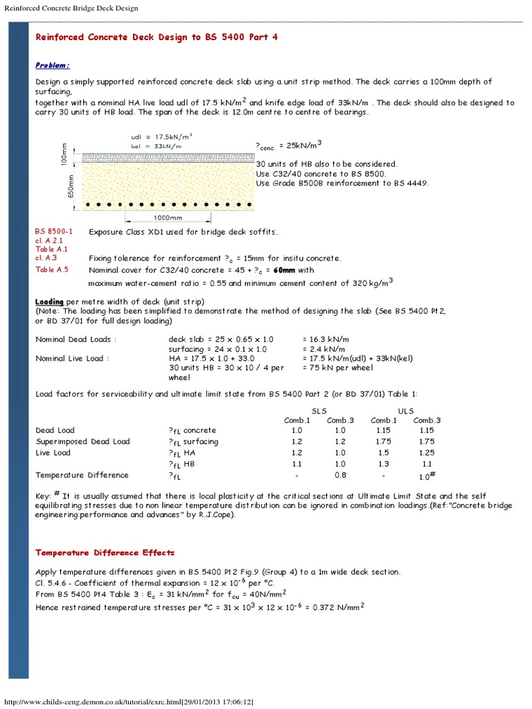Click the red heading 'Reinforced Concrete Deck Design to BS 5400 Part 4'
157,37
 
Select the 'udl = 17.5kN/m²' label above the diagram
161,137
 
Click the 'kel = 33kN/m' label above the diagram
157,146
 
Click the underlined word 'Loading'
50,302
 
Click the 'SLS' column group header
319,411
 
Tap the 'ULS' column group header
405,411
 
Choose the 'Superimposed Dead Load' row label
82,441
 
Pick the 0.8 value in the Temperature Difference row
340,475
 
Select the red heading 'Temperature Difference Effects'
105,553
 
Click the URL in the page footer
129,702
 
